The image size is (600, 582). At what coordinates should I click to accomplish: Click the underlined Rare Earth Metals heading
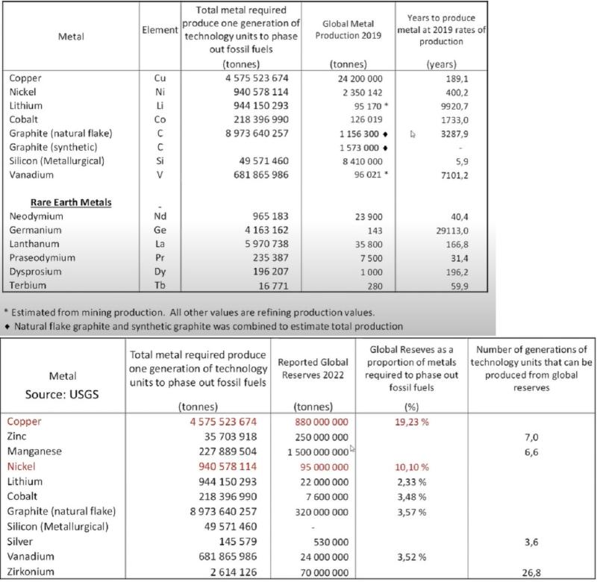tap(71, 202)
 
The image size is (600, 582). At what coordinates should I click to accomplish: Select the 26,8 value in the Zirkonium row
tap(529, 571)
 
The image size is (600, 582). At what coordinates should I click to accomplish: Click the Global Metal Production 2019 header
tap(349, 31)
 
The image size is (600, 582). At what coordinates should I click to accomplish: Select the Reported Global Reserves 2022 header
tap(313, 369)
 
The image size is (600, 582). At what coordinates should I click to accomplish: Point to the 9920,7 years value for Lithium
tap(441, 106)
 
